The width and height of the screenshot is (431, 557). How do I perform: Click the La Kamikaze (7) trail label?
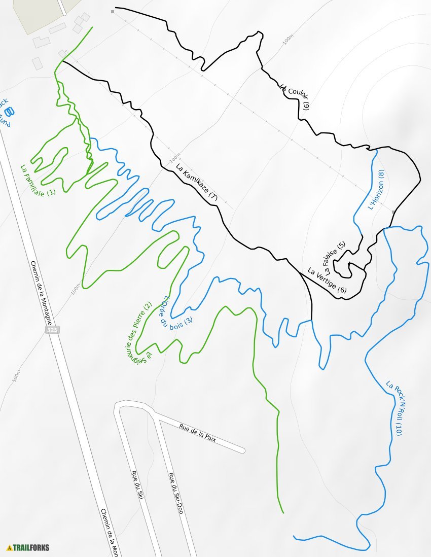pos(196,183)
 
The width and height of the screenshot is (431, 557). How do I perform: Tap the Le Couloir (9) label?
pos(294,96)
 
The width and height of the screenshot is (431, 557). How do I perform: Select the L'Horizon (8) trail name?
pos(376,190)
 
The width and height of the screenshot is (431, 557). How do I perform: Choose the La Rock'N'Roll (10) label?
pos(394,408)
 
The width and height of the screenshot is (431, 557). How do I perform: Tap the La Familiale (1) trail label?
pos(38,180)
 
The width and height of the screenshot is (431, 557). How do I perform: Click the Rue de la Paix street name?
pos(198,433)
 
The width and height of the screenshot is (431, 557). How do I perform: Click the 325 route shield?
pos(52,330)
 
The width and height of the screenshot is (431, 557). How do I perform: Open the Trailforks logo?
pos(28,548)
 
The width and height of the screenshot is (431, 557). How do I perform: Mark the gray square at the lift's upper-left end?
pos(113,11)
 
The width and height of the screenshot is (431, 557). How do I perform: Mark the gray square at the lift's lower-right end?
pos(393,212)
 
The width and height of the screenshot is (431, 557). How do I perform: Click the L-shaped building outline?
pos(80,22)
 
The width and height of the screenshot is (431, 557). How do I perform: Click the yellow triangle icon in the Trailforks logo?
pos(9,548)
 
